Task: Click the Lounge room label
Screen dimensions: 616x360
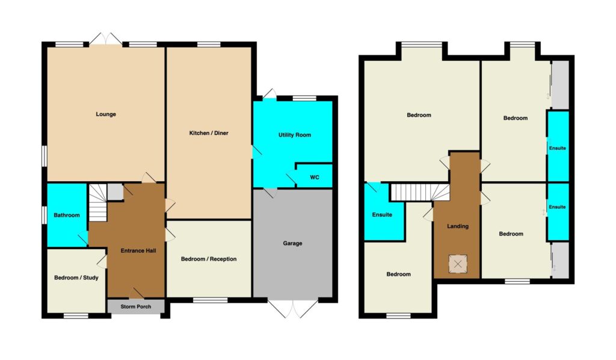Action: point(106,114)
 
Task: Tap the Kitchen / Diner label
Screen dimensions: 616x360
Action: point(209,133)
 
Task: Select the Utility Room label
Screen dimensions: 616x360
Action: point(295,135)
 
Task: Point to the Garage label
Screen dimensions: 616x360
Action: point(293,243)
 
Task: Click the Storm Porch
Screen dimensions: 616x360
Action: point(136,306)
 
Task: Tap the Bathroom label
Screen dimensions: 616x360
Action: point(67,215)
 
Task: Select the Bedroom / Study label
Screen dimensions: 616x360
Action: point(76,278)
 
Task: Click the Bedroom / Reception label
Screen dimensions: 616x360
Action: point(209,259)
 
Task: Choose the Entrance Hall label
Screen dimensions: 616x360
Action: point(138,251)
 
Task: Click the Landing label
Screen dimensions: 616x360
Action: point(458,226)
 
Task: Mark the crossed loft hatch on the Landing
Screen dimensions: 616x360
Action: point(458,264)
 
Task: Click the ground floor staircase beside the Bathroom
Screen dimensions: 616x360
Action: point(97,203)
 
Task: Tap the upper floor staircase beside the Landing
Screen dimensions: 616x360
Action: point(419,193)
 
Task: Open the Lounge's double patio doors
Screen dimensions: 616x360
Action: point(106,39)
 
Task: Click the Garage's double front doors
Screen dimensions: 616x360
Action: point(293,308)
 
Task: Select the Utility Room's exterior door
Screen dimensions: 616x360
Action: point(269,95)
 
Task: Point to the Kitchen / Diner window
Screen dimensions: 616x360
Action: point(209,44)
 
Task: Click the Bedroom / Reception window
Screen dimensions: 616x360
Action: point(210,300)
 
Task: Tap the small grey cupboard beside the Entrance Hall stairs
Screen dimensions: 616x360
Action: point(115,192)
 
